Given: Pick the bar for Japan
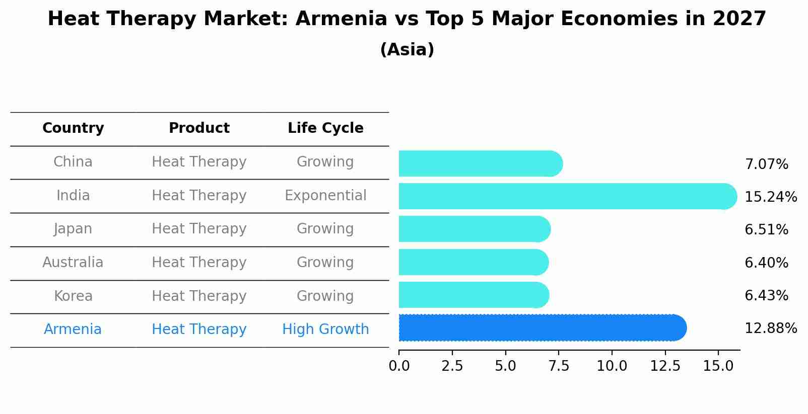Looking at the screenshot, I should coord(474,229).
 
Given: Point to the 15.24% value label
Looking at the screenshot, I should coord(770,197).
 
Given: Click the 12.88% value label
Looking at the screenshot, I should coord(770,328).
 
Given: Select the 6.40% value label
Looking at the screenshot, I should coord(766,263).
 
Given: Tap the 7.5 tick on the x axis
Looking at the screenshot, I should coord(559,366).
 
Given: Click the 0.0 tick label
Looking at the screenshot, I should coord(399,366).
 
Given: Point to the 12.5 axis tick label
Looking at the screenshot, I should coord(665,366).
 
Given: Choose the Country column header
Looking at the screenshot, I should coord(73,128).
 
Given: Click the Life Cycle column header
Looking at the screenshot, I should coord(325,128).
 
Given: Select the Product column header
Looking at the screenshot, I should coord(199,128).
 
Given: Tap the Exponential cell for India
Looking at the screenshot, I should coord(325,196).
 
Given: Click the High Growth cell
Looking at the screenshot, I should coord(325,329).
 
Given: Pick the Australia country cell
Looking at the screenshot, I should coord(73,263).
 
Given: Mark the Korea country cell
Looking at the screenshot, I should coord(73,296).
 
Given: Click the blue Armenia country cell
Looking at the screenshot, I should coord(73,329).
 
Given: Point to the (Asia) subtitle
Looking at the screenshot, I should coord(407,50).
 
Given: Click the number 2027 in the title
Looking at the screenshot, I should coord(739,19).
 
